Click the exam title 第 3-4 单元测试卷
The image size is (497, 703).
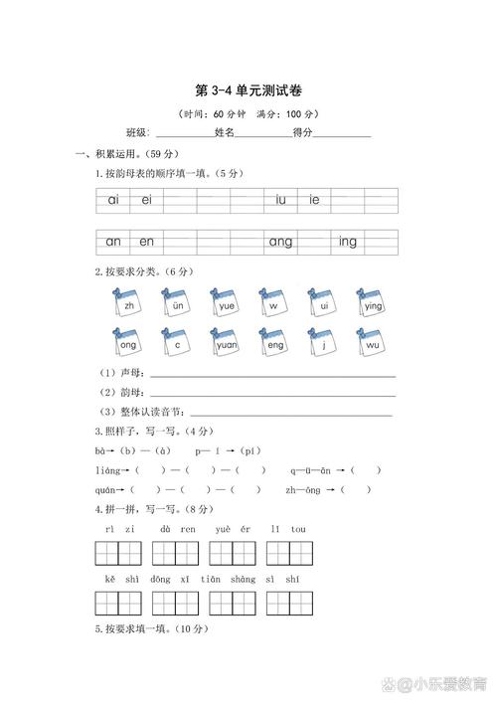click(248, 90)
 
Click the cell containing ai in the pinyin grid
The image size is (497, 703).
click(113, 200)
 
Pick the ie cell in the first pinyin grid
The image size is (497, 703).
click(314, 200)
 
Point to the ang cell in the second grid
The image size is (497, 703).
click(281, 242)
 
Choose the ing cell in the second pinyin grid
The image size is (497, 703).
click(347, 242)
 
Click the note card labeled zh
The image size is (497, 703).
click(127, 303)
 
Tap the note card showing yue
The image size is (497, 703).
click(226, 303)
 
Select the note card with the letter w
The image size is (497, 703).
click(273, 303)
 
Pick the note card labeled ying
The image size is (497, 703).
click(372, 303)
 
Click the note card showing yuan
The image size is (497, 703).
click(226, 343)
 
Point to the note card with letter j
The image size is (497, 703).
click(323, 343)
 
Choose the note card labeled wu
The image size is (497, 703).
click(372, 343)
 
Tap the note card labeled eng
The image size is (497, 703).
click(274, 343)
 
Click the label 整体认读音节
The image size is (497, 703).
click(149, 412)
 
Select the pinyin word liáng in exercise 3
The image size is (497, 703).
click(107, 470)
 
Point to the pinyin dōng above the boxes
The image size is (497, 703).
click(159, 579)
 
